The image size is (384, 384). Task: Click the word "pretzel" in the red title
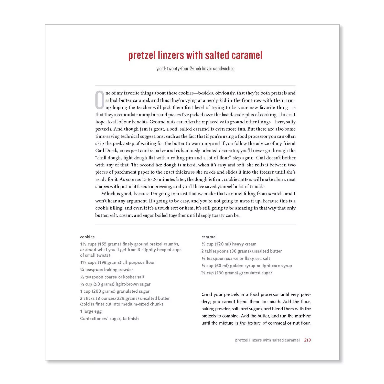142,55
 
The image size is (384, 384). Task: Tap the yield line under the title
195,69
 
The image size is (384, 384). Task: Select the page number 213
307,340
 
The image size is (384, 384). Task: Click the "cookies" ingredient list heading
87,237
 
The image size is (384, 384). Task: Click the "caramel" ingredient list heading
209,237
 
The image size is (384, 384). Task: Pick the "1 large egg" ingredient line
91,311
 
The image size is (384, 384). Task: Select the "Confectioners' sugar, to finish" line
109,318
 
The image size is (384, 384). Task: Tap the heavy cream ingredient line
229,244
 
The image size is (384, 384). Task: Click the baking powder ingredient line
106,270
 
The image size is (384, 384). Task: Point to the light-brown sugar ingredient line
115,284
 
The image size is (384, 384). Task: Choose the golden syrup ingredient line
247,266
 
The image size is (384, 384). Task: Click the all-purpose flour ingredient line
117,262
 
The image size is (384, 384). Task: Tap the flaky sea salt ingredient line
236,259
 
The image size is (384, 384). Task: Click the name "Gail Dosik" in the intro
106,151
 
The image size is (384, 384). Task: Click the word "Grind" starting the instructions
207,294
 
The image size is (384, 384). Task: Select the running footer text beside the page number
267,340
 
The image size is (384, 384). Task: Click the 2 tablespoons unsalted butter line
241,251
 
